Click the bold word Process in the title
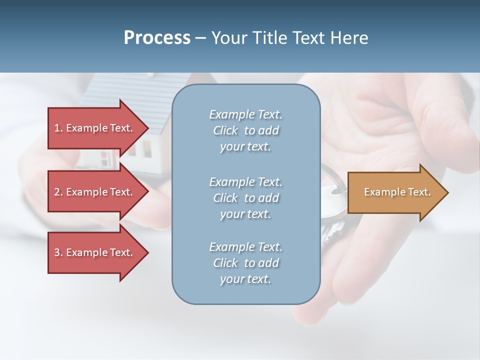coord(157,38)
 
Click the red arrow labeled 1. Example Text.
coord(95,128)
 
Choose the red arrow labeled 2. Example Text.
coord(95,192)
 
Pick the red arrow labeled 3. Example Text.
coord(95,252)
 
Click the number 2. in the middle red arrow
coord(58,192)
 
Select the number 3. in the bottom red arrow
coord(58,252)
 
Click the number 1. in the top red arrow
coord(58,128)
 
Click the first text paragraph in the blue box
coord(246,130)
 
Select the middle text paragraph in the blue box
coord(246,198)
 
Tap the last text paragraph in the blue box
coord(246,263)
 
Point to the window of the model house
coord(147,147)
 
